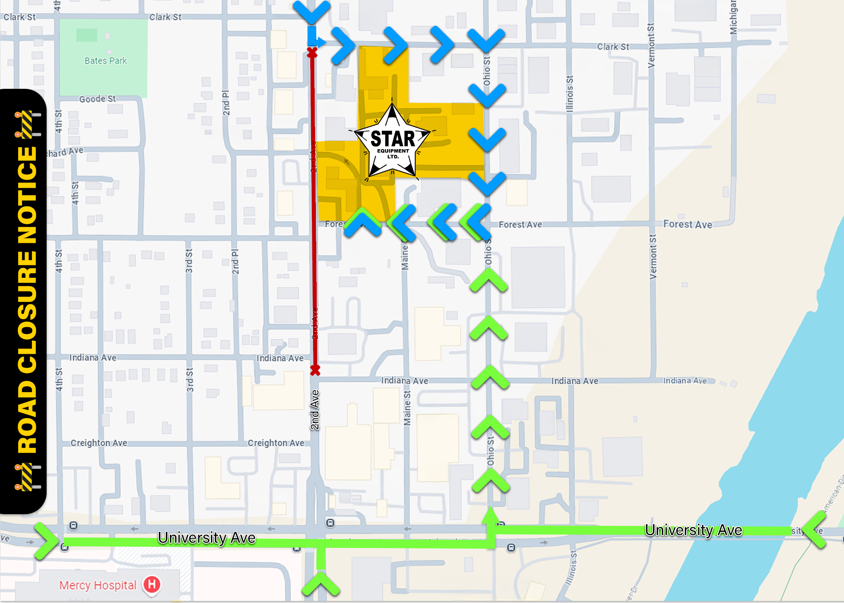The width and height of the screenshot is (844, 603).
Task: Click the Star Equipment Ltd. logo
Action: pyautogui.click(x=392, y=142)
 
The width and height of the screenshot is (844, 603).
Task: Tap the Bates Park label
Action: pyautogui.click(x=105, y=61)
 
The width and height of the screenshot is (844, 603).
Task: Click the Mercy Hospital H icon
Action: pyautogui.click(x=152, y=584)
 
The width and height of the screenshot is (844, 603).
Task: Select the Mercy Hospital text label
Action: pyautogui.click(x=98, y=585)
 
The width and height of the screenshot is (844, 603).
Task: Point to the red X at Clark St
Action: pyautogui.click(x=312, y=53)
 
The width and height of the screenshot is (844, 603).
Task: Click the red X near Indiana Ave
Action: pyautogui.click(x=315, y=370)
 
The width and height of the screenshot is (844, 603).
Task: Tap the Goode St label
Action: pyautogui.click(x=97, y=99)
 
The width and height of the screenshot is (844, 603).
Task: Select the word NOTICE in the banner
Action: pyautogui.click(x=27, y=195)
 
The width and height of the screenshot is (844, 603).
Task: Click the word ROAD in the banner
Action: pyautogui.click(x=27, y=418)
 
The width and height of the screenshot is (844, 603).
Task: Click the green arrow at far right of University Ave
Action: pyautogui.click(x=816, y=530)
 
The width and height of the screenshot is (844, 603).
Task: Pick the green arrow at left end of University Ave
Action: pyautogui.click(x=46, y=541)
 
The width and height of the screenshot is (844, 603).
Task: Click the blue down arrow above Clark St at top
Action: pyautogui.click(x=312, y=11)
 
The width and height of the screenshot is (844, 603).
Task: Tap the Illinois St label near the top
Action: pyautogui.click(x=569, y=94)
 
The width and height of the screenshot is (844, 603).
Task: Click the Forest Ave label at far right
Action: pyautogui.click(x=688, y=224)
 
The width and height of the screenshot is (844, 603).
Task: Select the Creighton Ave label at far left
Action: pyautogui.click(x=99, y=443)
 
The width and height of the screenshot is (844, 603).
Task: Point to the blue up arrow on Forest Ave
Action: pyautogui.click(x=363, y=223)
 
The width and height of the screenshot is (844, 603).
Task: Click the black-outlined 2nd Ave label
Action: pyautogui.click(x=315, y=410)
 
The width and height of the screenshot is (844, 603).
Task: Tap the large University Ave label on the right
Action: pyautogui.click(x=693, y=530)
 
